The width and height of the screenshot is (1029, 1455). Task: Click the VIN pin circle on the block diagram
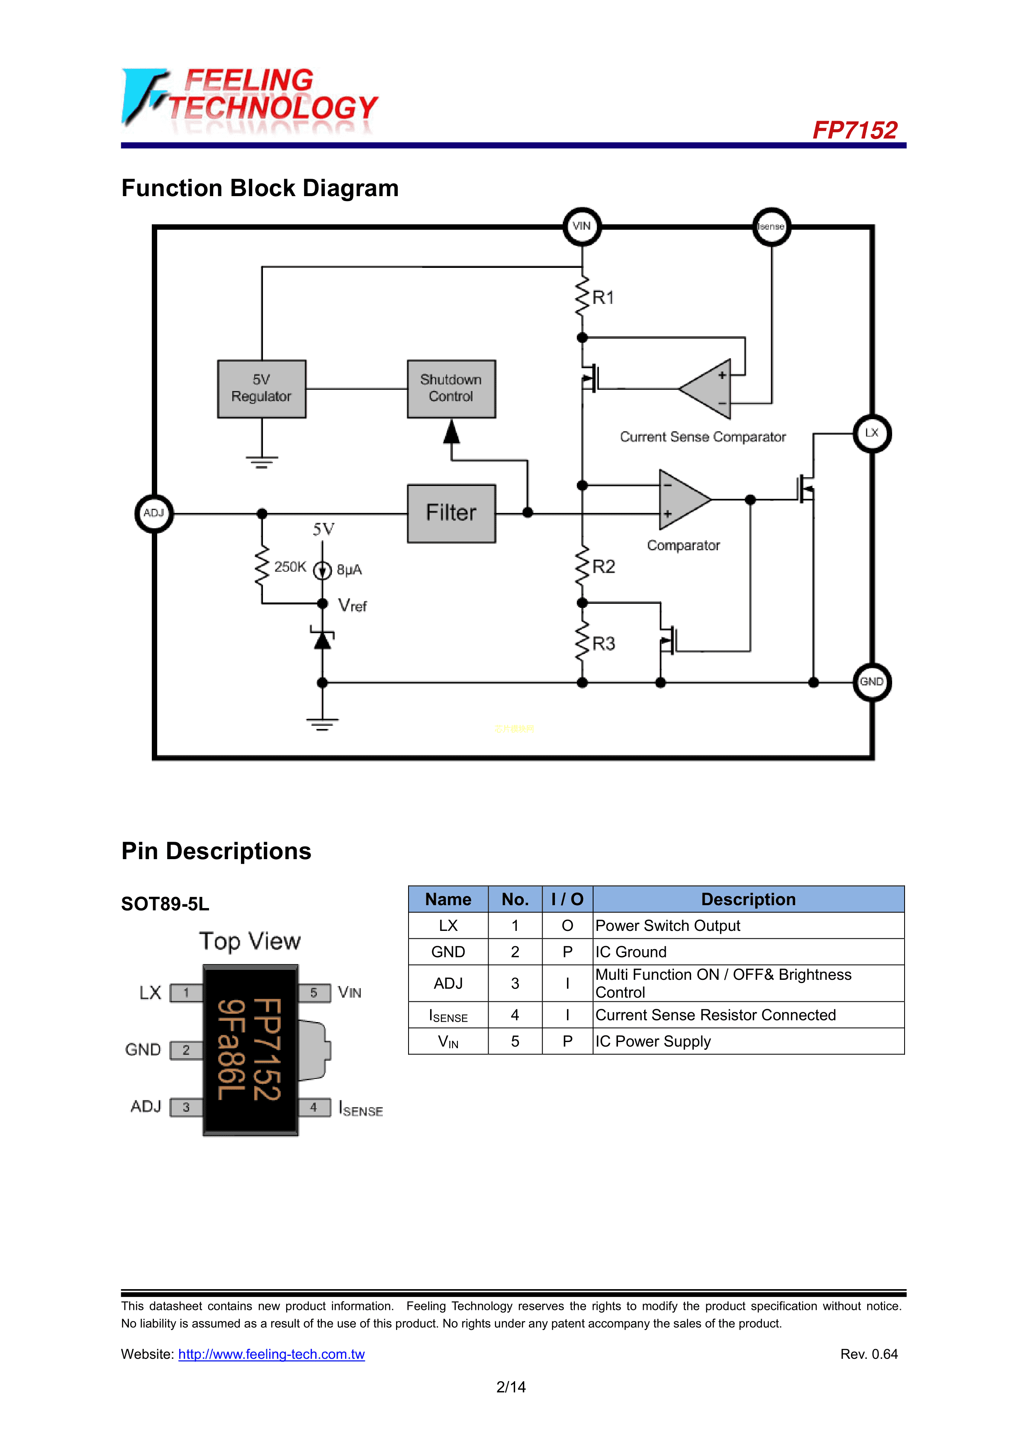tap(581, 226)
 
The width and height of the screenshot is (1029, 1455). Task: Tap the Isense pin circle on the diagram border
tap(771, 226)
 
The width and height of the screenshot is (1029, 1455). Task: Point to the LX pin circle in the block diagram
tap(872, 433)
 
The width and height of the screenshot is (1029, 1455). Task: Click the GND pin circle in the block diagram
tap(872, 682)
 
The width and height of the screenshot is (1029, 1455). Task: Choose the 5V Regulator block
tap(261, 389)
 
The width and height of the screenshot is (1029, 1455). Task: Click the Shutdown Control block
tap(451, 389)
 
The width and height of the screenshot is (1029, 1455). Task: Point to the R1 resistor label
tap(603, 298)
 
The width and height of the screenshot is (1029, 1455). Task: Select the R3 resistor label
tap(603, 644)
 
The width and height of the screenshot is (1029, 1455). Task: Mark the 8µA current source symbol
tap(323, 570)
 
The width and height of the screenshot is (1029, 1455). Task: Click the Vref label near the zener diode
tap(353, 606)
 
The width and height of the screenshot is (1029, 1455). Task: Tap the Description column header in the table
tap(748, 899)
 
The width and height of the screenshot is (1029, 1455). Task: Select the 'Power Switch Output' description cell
tap(668, 926)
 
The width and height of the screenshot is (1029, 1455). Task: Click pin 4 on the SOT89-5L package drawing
tap(314, 1108)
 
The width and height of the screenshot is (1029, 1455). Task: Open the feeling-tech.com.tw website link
tap(271, 1354)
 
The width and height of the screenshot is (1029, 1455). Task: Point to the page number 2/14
tap(511, 1387)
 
